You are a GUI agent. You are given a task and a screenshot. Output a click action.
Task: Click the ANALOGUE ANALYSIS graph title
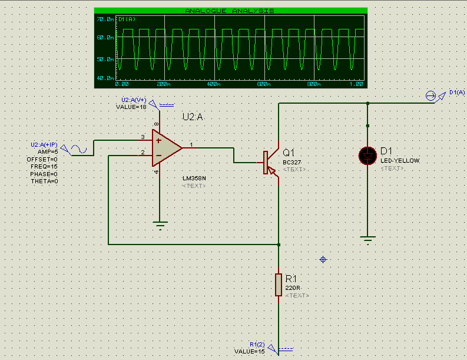tap(230, 11)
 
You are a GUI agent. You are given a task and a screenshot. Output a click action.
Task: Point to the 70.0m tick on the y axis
tap(104, 19)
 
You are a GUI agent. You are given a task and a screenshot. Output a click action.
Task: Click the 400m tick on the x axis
tap(213, 85)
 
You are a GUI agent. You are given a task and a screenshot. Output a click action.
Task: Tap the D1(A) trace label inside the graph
tap(126, 19)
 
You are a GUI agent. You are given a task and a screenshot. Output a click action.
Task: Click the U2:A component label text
tap(193, 117)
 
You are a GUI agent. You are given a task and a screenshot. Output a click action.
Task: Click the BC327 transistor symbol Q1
tap(269, 162)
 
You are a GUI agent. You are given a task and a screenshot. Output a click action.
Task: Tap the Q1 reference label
tap(289, 151)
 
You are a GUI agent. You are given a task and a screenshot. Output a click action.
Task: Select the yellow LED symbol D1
tap(367, 156)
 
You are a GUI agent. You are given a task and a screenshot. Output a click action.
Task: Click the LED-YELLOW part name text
tap(400, 161)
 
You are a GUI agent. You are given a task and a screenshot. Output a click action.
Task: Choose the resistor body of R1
tap(279, 285)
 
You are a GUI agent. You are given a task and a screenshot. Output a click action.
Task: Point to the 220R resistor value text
tap(293, 288)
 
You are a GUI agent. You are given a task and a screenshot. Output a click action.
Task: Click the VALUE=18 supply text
tap(131, 107)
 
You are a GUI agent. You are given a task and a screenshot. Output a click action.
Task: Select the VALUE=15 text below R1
tap(250, 351)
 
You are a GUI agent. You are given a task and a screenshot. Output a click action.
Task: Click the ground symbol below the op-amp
tap(159, 224)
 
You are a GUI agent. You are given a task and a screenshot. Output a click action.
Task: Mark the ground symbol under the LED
tap(367, 239)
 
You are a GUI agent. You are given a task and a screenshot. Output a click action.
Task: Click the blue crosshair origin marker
tap(323, 259)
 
